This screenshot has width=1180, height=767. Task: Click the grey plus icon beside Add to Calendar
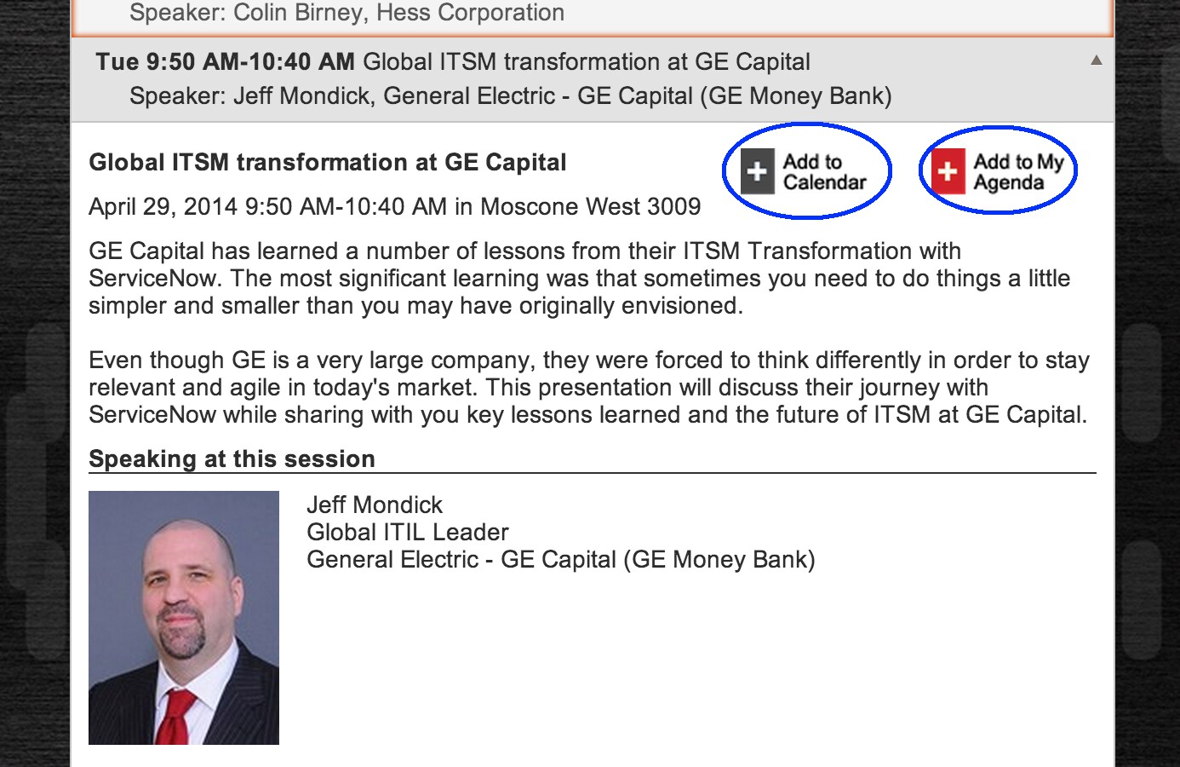click(x=757, y=171)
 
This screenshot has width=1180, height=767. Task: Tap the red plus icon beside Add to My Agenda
click(x=948, y=171)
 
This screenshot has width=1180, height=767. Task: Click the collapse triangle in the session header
click(x=1097, y=61)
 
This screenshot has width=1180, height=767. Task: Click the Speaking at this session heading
click(x=232, y=458)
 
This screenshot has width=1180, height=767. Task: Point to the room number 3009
click(x=673, y=206)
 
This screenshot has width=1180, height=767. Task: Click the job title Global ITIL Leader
click(x=408, y=532)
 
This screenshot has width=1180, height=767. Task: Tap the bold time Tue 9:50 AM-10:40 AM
click(x=225, y=61)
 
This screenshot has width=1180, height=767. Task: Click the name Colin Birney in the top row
click(x=300, y=12)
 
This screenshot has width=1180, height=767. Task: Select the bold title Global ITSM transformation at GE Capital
click(x=327, y=162)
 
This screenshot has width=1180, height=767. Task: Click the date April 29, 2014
click(x=163, y=206)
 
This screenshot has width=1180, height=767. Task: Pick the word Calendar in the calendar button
click(x=824, y=182)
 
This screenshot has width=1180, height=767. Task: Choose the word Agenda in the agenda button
click(x=1008, y=183)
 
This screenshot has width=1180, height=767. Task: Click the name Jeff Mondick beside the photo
click(x=375, y=505)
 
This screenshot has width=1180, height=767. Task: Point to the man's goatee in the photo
click(x=181, y=635)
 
